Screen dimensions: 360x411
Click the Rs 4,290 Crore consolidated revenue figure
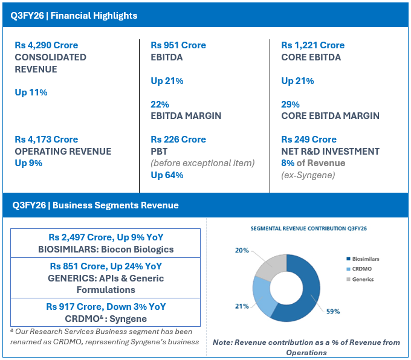click(46, 45)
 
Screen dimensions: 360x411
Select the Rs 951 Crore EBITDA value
click(178, 45)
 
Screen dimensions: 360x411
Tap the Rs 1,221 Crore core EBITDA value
click(312, 45)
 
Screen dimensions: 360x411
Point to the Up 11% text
click(31, 92)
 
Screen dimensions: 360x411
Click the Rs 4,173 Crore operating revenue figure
click(46, 140)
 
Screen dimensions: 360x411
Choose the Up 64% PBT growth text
click(167, 175)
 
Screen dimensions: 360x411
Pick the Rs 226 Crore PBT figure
click(178, 140)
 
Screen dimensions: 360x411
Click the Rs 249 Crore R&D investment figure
click(309, 140)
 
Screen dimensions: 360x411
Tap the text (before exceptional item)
click(202, 163)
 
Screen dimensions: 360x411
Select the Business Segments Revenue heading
click(95, 205)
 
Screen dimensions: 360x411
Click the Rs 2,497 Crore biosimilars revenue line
click(106, 237)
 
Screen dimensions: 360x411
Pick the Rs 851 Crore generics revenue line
click(106, 266)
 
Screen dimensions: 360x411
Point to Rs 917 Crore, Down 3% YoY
click(106, 307)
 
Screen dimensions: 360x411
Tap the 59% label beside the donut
click(333, 311)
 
